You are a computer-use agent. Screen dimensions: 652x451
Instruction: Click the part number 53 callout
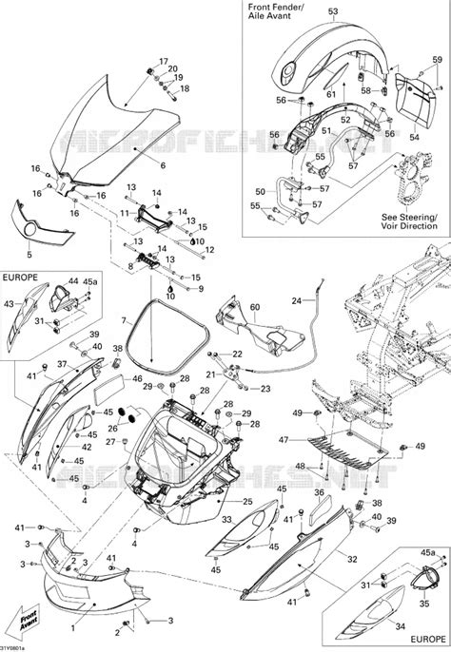click(332, 13)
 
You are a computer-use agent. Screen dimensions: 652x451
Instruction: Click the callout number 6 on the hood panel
click(162, 165)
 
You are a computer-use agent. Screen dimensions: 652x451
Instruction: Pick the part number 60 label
click(254, 307)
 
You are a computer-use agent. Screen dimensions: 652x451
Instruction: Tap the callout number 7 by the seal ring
click(125, 322)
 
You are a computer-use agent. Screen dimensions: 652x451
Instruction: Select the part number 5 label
click(29, 255)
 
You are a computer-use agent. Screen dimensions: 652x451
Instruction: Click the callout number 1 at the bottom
click(73, 628)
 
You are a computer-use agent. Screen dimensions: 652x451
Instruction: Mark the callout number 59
click(437, 59)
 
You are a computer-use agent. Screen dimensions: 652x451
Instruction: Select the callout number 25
click(246, 501)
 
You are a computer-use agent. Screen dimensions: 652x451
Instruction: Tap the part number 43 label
click(10, 303)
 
